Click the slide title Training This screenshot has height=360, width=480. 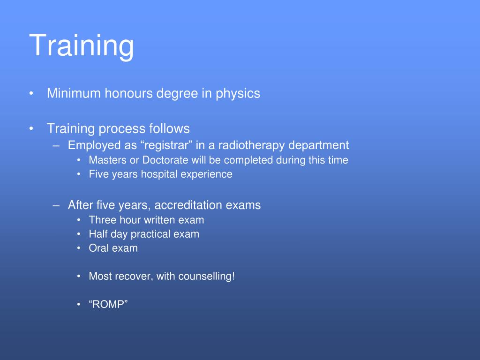click(82, 45)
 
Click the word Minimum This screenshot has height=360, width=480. click(74, 94)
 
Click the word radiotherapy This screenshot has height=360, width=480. click(255, 145)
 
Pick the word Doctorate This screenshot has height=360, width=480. click(165, 160)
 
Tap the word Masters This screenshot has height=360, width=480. click(108, 160)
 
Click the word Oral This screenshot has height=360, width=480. click(99, 248)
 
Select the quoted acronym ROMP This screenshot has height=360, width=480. click(108, 305)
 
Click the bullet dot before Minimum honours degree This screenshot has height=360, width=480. click(31, 94)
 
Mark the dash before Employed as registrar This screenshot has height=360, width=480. click(57, 145)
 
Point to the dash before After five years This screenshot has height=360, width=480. click(57, 205)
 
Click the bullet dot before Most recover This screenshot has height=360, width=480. click(79, 277)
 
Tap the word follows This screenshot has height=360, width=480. click(169, 128)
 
